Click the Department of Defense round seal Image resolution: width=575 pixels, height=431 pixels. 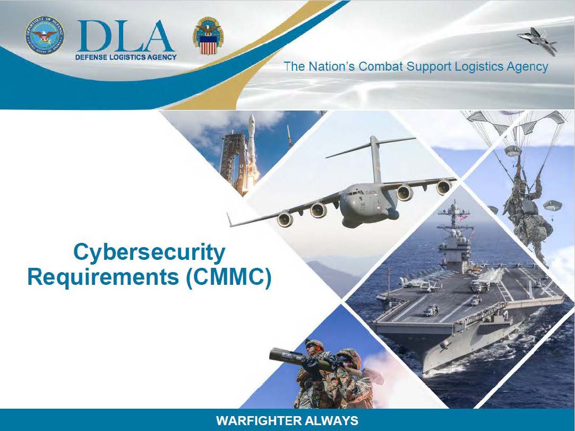tap(45, 35)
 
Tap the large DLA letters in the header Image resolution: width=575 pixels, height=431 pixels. tap(125, 36)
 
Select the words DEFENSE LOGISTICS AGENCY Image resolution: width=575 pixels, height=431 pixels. tap(126, 57)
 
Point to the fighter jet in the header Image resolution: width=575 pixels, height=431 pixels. tap(537, 41)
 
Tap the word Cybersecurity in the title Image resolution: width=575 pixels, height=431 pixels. tap(149, 252)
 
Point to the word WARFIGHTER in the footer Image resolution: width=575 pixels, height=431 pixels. tap(258, 420)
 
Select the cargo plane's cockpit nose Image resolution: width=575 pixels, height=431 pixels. tap(350, 200)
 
